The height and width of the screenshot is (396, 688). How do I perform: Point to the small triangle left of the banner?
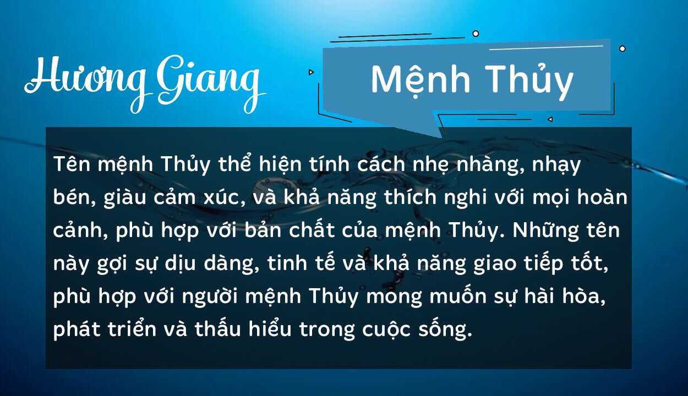pos(311,72)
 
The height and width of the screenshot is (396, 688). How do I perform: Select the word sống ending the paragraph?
pos(444,331)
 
